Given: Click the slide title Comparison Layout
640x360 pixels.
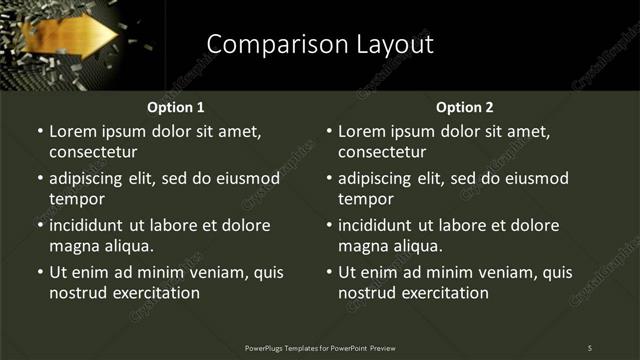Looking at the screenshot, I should click(x=320, y=44).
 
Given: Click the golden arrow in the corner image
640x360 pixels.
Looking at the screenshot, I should click(x=76, y=38).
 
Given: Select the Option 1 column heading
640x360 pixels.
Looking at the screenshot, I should click(x=176, y=107).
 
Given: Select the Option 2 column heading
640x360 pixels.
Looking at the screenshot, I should click(x=465, y=107).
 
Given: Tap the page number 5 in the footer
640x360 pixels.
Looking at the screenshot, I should click(x=590, y=347).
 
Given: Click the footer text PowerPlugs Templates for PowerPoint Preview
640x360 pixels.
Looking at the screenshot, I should click(x=320, y=347).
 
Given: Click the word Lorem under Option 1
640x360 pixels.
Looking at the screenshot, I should click(x=75, y=131).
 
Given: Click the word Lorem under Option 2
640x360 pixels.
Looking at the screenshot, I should click(x=364, y=131).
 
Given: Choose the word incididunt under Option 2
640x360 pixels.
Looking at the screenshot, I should click(x=383, y=225).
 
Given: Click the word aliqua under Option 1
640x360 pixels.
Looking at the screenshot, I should click(x=125, y=246).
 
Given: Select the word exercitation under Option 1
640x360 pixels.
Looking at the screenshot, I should click(x=154, y=293).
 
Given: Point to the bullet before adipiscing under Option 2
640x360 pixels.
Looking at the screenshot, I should click(x=329, y=179).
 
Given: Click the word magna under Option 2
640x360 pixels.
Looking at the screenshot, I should click(x=362, y=246).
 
